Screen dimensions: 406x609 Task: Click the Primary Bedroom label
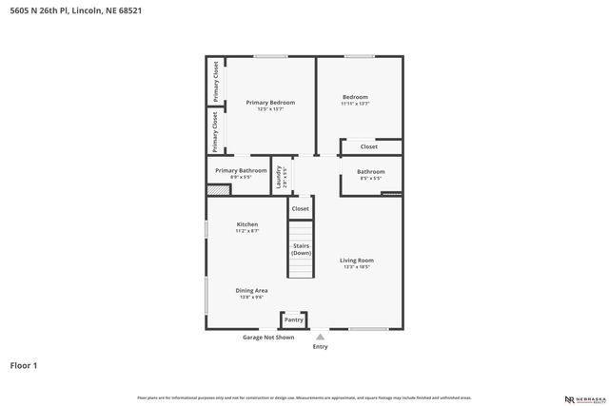pos(270,103)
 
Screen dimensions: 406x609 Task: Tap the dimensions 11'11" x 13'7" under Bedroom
pos(355,104)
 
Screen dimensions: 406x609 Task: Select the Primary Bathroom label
pos(241,171)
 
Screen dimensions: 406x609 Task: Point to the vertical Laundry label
pos(279,179)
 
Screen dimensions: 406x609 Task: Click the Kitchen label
pos(247,224)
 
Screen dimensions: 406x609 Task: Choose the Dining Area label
pos(252,291)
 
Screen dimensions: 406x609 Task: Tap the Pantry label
pos(294,319)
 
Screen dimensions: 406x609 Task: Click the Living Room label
pos(358,261)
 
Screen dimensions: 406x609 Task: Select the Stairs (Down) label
pos(301,249)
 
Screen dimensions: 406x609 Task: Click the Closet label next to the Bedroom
pos(368,147)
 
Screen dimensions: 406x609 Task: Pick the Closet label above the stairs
pos(300,208)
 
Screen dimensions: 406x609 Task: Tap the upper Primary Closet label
pos(216,82)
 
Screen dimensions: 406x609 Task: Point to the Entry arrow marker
pos(320,336)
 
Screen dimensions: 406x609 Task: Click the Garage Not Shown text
pos(268,337)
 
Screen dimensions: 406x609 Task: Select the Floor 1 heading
pos(24,364)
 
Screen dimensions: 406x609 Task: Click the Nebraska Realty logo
pos(583,399)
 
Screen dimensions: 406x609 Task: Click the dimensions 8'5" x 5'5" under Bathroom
pos(370,178)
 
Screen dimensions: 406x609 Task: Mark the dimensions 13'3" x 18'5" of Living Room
pos(358,267)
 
